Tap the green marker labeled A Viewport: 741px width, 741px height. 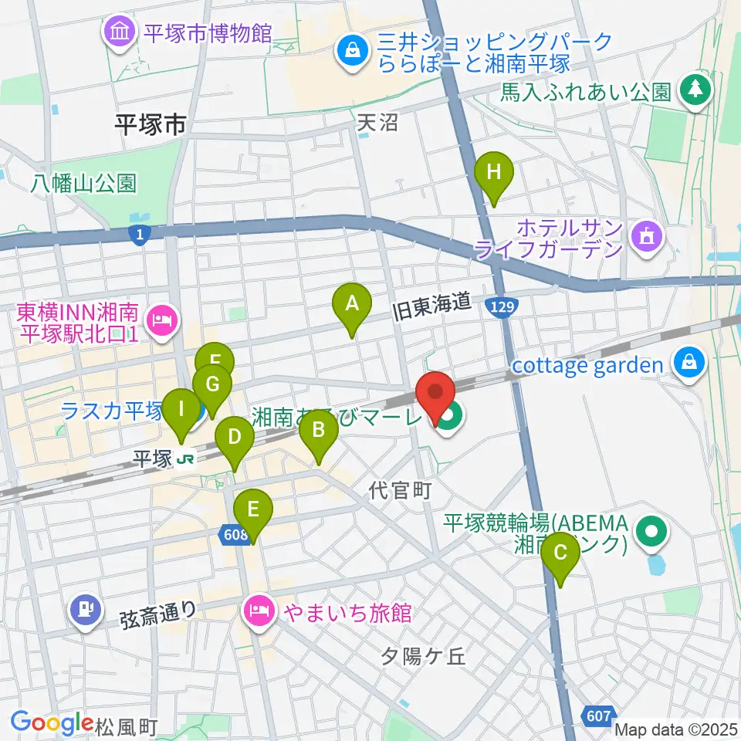click(352, 303)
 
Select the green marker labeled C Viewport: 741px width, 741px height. click(560, 553)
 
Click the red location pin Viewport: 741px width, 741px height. click(435, 391)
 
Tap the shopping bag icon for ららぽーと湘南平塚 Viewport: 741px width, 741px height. click(352, 52)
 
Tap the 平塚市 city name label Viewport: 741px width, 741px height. click(151, 125)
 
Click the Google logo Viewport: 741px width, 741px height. click(52, 722)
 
